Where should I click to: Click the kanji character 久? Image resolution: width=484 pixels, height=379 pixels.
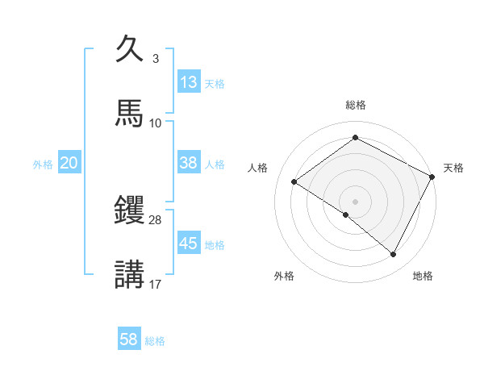pyautogui.click(x=129, y=50)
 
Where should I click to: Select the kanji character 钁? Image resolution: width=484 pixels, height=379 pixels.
pyautogui.click(x=129, y=210)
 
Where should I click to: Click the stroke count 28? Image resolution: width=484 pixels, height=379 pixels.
pyautogui.click(x=156, y=220)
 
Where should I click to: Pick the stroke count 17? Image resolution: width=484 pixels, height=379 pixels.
pyautogui.click(x=156, y=283)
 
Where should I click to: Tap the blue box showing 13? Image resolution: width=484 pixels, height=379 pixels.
pyautogui.click(x=189, y=82)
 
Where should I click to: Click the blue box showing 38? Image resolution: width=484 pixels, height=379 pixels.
pyautogui.click(x=189, y=163)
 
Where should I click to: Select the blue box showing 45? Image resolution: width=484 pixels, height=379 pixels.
pyautogui.click(x=189, y=244)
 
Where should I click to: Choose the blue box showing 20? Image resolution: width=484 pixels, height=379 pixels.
pyautogui.click(x=69, y=163)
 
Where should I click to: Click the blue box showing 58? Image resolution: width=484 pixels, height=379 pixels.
pyautogui.click(x=129, y=339)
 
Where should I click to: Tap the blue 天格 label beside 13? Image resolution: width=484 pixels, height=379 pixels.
pyautogui.click(x=215, y=84)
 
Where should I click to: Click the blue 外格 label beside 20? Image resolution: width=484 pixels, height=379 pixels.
pyautogui.click(x=43, y=165)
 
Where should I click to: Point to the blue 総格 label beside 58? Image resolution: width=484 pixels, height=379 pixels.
pyautogui.click(x=155, y=341)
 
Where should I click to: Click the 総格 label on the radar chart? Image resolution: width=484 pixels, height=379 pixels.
pyautogui.click(x=356, y=105)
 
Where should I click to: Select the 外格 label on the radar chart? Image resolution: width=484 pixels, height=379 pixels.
pyautogui.click(x=284, y=276)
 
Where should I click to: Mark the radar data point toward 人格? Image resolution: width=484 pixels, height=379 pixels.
pyautogui.click(x=294, y=182)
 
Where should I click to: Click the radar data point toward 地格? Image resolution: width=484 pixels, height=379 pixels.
pyautogui.click(x=394, y=255)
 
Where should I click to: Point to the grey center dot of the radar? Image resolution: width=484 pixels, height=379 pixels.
pyautogui.click(x=356, y=201)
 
